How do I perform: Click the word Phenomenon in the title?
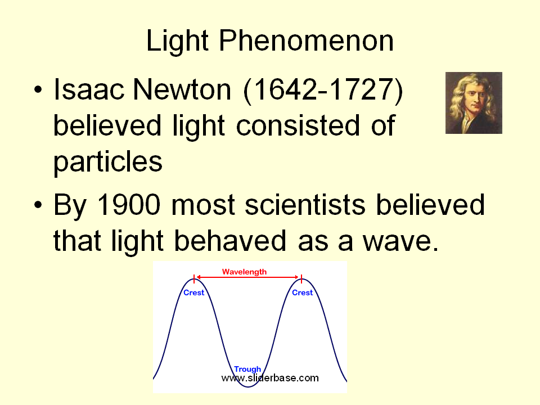(306, 40)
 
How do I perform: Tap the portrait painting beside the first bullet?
(474, 102)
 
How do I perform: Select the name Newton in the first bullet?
(182, 89)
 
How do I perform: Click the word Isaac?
(88, 89)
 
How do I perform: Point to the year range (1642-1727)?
(323, 90)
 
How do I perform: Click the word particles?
(108, 162)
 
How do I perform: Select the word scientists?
(305, 205)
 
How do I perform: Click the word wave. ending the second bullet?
(401, 241)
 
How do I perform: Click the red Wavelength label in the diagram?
(245, 272)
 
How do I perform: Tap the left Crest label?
(194, 292)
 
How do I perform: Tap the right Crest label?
(303, 292)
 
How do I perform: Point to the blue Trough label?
(247, 369)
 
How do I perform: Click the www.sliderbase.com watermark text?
(270, 378)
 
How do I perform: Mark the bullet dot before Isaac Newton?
(38, 90)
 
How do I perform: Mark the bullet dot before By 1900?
(38, 205)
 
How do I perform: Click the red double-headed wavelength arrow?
(247, 277)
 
